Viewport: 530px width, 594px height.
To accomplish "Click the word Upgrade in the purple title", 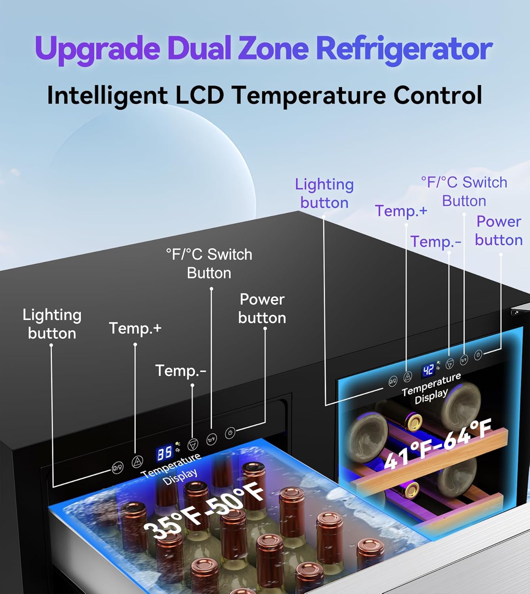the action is coord(97,49).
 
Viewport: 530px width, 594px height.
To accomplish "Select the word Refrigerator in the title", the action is coord(404,49).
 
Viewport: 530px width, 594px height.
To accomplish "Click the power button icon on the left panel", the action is coord(230,432).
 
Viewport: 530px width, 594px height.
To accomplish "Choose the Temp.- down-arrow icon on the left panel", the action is coord(193,444).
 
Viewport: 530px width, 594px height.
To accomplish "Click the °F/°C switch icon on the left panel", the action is coord(212,438).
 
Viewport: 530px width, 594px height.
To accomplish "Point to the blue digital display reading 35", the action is coord(164,453).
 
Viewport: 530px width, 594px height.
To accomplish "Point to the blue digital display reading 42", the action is coord(428,370).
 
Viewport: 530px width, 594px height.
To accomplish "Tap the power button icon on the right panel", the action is coord(478,354).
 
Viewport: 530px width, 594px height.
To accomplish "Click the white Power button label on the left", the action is coord(262,308).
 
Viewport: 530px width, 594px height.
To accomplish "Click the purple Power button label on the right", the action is coord(499,231).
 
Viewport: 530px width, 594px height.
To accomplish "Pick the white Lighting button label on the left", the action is coord(52,324).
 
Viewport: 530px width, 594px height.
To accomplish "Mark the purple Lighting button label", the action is coord(324,193).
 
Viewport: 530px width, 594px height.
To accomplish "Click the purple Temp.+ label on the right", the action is coord(401,211).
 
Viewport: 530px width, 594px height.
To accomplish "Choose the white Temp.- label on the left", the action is coord(181,371).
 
